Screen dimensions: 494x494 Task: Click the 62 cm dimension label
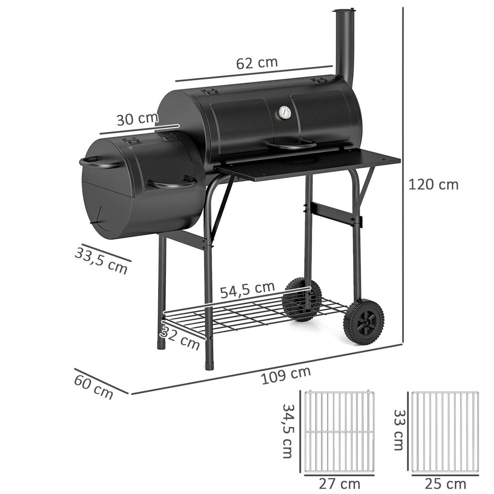[257, 63]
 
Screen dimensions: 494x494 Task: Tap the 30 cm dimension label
[137, 119]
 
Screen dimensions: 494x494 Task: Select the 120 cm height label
[433, 184]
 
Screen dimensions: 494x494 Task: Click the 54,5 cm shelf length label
[247, 290]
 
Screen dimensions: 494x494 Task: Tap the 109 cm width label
[286, 375]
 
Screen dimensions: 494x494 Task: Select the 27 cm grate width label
[339, 483]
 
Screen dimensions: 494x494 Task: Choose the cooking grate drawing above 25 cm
[445, 431]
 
